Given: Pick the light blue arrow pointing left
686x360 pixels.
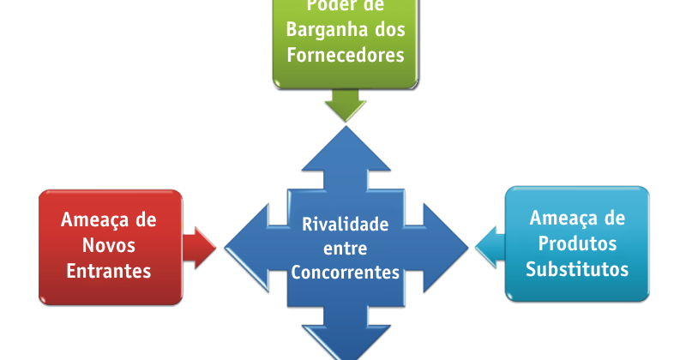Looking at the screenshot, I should point(489,246).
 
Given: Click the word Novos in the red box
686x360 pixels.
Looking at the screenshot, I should point(110,245).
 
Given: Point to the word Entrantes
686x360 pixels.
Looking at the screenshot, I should point(110,271).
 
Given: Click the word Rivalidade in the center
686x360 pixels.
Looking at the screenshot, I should point(346,225).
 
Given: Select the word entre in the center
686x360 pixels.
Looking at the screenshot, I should point(346,249).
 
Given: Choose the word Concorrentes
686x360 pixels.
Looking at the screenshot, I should point(346,273).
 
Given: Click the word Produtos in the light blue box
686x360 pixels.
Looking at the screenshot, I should point(577,243).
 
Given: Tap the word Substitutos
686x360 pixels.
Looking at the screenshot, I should point(577,269).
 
